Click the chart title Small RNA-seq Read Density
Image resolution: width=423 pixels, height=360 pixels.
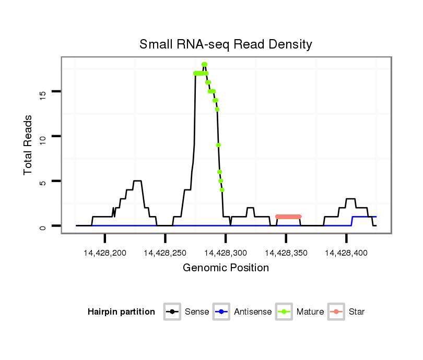[226, 44]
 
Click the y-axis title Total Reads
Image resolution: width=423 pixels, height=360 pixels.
[29, 145]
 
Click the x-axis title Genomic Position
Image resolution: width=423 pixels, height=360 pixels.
[226, 268]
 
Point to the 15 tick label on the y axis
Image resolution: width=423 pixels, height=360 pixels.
[43, 93]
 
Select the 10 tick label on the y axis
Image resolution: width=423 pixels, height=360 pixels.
[43, 137]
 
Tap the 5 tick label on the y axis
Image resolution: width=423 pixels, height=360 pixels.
[43, 182]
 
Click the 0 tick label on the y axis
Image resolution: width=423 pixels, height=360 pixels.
[43, 227]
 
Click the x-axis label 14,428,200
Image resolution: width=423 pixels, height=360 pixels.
[105, 253]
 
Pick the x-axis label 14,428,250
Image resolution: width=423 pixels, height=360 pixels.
[165, 253]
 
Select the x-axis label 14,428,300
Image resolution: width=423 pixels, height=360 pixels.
[226, 253]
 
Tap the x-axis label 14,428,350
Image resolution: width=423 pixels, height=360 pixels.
[286, 253]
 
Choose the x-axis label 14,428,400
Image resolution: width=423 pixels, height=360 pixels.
[346, 253]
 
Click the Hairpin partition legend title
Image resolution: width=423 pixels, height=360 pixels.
[121, 312]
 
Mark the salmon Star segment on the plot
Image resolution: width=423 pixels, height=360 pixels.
[288, 217]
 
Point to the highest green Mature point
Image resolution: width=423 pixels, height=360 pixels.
[204, 65]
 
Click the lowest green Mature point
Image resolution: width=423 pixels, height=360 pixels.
[222, 190]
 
